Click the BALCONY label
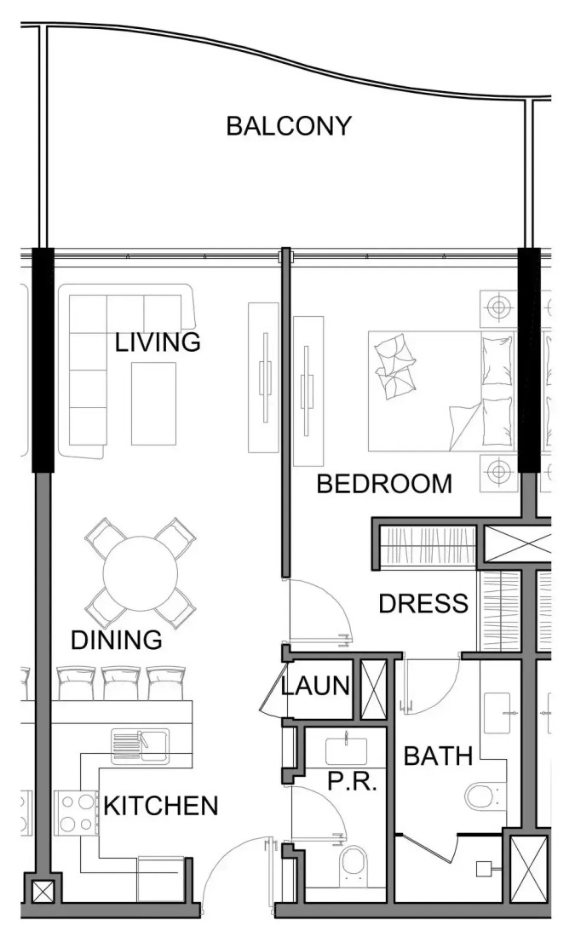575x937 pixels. [289, 126]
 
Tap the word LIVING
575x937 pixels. [158, 342]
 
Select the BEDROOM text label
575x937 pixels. [384, 484]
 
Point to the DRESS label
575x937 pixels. [423, 604]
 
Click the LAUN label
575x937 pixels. [315, 686]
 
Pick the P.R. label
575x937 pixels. [353, 781]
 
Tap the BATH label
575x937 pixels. [438, 756]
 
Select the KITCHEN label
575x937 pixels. [161, 806]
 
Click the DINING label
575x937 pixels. [117, 640]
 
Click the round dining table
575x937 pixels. [141, 573]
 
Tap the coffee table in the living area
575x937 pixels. [153, 404]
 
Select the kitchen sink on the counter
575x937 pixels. [140, 746]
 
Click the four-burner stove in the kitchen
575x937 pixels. [76, 813]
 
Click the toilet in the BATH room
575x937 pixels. [482, 796]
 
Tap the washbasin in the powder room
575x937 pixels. [347, 751]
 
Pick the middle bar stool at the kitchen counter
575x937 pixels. [121, 682]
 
